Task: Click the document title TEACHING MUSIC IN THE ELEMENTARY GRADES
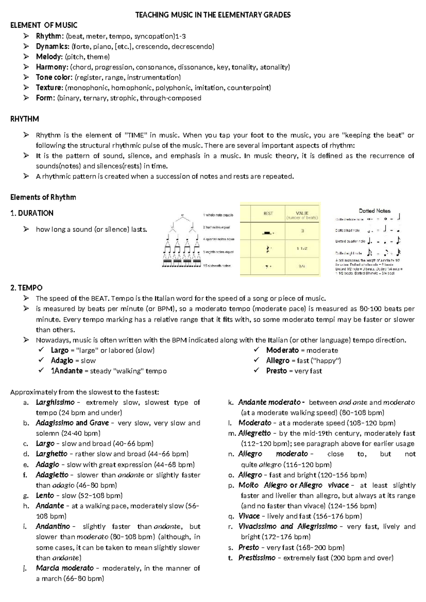point(213,15)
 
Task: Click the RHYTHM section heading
point(24,119)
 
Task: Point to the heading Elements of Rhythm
point(43,197)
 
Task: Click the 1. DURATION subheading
point(32,213)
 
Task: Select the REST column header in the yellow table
point(268,213)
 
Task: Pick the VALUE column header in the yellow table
point(302,214)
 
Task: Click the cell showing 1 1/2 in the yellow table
point(302,249)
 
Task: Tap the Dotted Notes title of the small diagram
point(375,211)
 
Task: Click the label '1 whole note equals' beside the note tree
point(218,215)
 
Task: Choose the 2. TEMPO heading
point(27,288)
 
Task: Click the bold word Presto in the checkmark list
point(276,371)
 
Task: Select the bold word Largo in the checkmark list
point(59,350)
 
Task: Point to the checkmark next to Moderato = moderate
point(257,350)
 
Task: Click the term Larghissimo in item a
point(55,403)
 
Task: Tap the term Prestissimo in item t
point(257,558)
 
